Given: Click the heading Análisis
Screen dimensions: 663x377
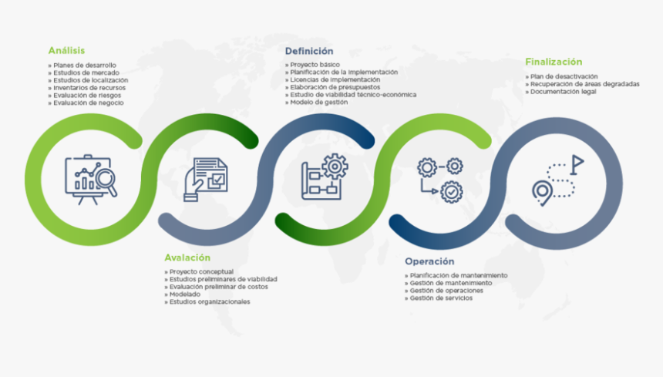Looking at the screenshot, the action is point(66,50).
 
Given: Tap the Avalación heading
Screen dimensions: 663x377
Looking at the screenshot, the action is point(187,258).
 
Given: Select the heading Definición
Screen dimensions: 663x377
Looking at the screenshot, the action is point(309,51).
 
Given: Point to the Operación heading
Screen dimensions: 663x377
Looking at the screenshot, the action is point(429,261).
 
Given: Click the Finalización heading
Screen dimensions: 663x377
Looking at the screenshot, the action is point(554,62).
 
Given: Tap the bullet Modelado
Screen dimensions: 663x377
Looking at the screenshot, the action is point(184,295).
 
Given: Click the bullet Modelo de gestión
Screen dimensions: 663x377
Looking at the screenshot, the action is point(318,102).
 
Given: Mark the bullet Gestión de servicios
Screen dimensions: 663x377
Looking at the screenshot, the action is point(441,298).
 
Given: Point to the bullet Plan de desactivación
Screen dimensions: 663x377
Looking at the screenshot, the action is point(564,76).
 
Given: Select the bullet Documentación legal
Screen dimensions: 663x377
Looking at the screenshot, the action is point(563,92).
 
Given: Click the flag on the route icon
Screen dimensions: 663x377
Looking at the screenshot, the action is point(577,163).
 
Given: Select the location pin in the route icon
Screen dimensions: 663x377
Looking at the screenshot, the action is point(543,191).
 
